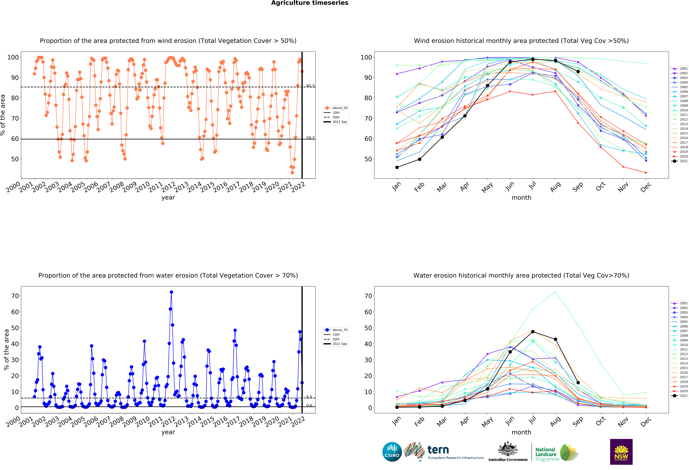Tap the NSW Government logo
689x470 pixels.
(621, 452)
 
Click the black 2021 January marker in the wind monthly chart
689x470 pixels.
(397, 167)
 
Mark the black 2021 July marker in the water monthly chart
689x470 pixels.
(533, 332)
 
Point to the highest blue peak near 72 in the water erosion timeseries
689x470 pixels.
(171, 292)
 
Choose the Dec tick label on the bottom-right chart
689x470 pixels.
(646, 421)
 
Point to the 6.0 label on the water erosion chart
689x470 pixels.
(309, 397)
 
